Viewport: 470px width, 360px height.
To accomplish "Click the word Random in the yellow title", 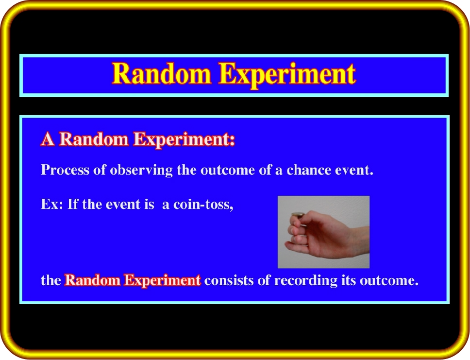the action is (162, 73).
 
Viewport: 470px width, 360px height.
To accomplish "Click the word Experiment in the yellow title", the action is (287, 75).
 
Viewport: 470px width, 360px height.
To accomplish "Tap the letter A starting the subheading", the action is (48, 139).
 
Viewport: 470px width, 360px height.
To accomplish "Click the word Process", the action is (65, 170).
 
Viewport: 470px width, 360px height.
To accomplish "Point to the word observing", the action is (141, 170).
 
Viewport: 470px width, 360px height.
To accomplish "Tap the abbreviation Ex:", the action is (52, 205).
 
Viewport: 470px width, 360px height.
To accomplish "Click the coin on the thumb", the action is (298, 215).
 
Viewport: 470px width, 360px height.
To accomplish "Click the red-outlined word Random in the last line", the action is (92, 280).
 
